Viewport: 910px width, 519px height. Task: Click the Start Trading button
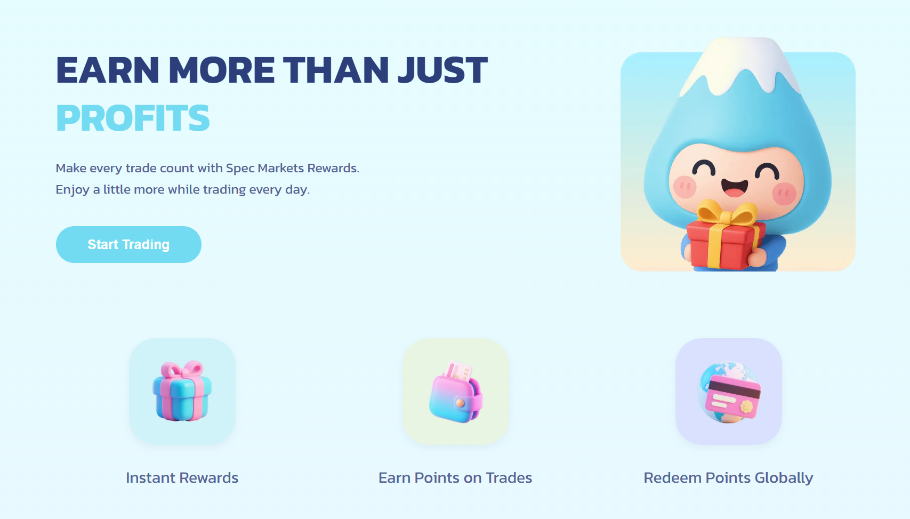click(128, 244)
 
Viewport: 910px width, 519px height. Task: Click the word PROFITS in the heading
click(133, 118)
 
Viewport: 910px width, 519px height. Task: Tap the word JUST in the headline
click(443, 70)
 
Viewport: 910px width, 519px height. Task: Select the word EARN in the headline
click(107, 70)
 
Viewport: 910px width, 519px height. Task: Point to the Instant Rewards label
click(182, 477)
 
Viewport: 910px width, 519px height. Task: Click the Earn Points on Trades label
click(455, 477)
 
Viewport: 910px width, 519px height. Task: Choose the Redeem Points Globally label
click(728, 478)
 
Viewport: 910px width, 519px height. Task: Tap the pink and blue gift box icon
click(182, 390)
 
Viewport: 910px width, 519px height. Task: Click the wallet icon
click(455, 392)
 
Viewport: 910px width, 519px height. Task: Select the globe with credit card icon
click(729, 392)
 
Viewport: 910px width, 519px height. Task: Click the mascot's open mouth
click(735, 188)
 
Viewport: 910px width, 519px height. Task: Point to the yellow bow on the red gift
click(727, 212)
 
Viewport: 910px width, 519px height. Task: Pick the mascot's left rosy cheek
click(685, 187)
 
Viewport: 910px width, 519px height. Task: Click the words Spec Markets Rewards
click(293, 168)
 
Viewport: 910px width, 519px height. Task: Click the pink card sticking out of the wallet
click(458, 372)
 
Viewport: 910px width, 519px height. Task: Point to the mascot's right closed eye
click(767, 171)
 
